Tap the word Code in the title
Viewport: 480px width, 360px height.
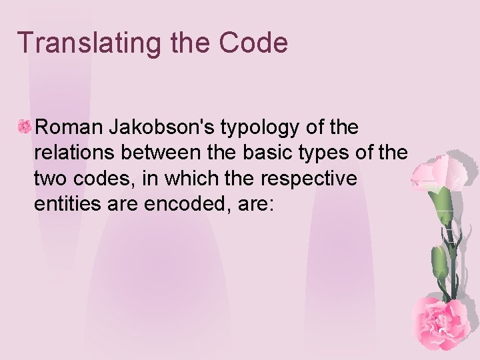(x=255, y=43)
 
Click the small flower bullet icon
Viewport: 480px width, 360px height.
(x=25, y=125)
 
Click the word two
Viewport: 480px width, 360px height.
(x=48, y=179)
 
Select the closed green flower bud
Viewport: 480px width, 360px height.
(x=439, y=261)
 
